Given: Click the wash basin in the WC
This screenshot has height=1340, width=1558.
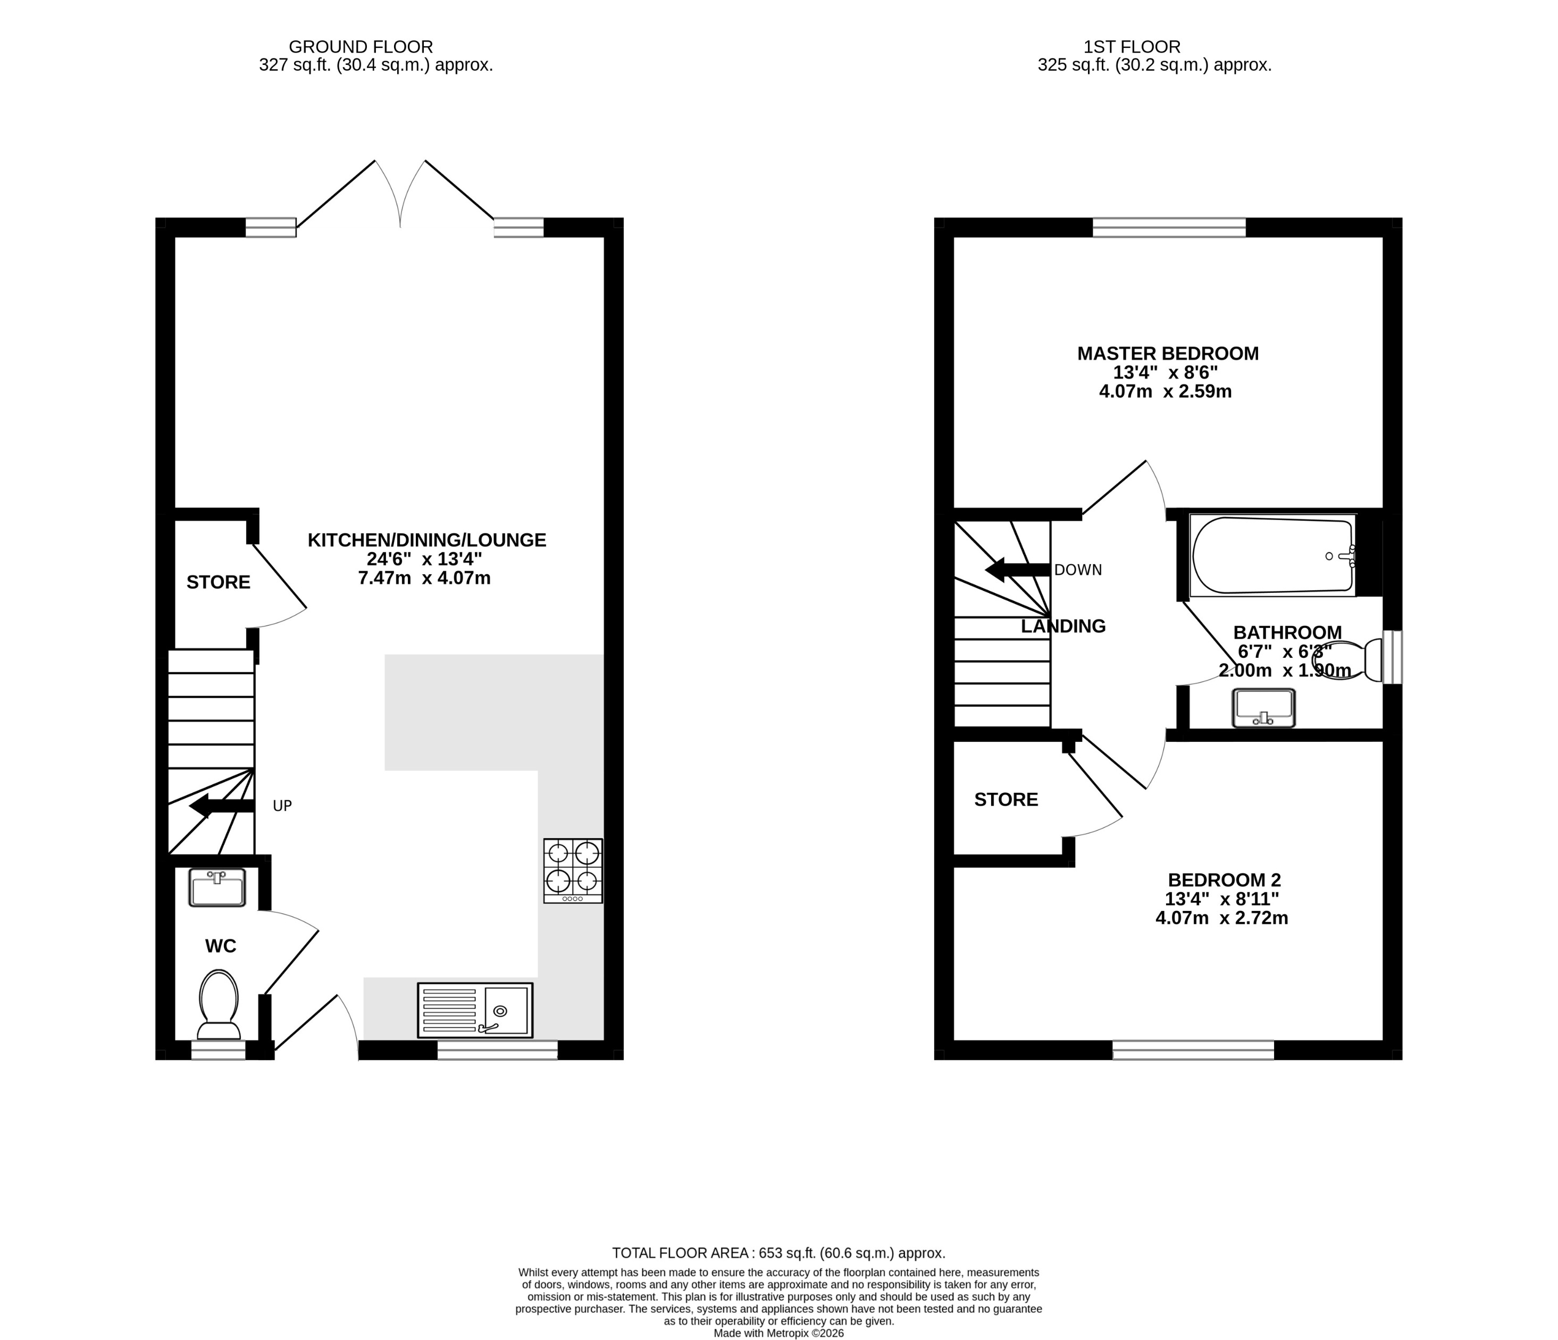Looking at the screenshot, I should pyautogui.click(x=217, y=888).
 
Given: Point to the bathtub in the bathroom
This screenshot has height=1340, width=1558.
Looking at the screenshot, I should pyautogui.click(x=1272, y=556).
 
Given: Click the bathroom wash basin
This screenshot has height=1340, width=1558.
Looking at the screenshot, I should pyautogui.click(x=1263, y=708).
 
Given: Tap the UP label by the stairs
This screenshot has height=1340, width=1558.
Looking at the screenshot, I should pyautogui.click(x=282, y=806).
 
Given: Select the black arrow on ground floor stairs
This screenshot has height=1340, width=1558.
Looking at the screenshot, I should pyautogui.click(x=221, y=806).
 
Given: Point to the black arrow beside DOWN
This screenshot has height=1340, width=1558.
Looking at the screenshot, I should pyautogui.click(x=1017, y=570).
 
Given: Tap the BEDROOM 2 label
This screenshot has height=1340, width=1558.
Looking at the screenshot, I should pyautogui.click(x=1224, y=880).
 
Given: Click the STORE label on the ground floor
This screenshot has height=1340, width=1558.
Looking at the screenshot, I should pyautogui.click(x=218, y=582).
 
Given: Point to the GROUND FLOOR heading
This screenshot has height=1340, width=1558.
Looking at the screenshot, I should pyautogui.click(x=361, y=47).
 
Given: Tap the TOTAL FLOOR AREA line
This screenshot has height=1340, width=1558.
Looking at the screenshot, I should pyautogui.click(x=778, y=1253).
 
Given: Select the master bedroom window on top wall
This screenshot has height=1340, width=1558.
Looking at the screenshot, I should pyautogui.click(x=1169, y=227).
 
